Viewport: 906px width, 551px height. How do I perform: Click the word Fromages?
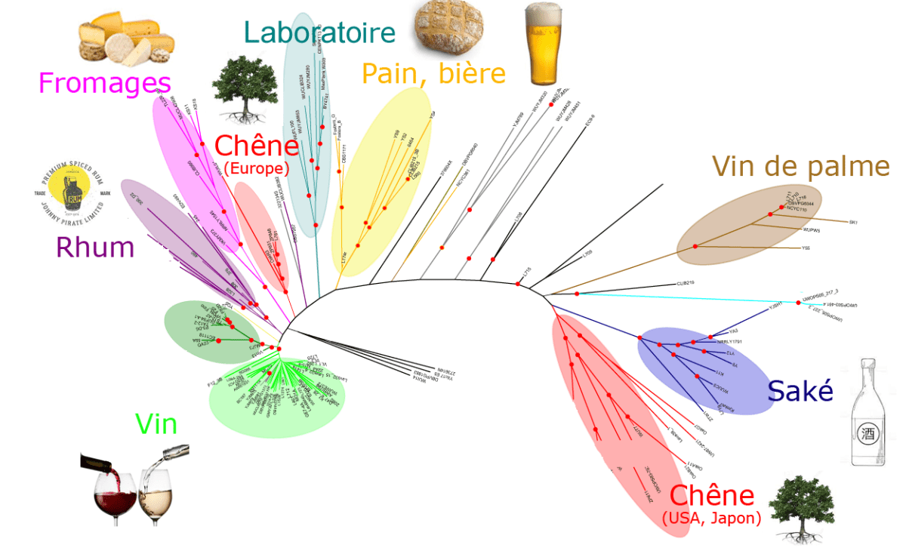[x=104, y=82]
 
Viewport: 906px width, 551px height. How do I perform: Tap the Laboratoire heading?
[x=319, y=32]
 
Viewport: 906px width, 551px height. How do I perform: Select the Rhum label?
[x=95, y=247]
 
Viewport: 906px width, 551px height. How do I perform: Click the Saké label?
[x=800, y=391]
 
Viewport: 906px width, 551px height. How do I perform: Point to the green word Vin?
[x=156, y=425]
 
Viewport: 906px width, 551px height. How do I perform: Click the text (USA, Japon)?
[x=710, y=519]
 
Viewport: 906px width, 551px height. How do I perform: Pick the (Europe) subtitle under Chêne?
[x=253, y=168]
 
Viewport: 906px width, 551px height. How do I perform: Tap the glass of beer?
[x=544, y=44]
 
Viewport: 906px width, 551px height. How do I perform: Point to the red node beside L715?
[x=518, y=283]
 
